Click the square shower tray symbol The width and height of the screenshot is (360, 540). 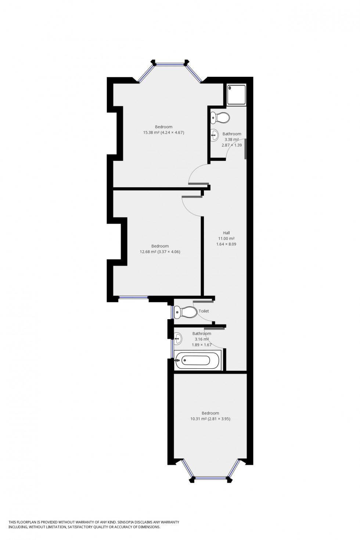pyautogui.click(x=237, y=94)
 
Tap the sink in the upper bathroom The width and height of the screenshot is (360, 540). pyautogui.click(x=215, y=135)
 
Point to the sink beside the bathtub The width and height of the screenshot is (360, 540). pyautogui.click(x=178, y=338)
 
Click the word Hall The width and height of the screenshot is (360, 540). pyautogui.click(x=226, y=233)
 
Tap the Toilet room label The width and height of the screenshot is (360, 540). pyautogui.click(x=204, y=311)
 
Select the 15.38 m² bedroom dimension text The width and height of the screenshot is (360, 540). pyautogui.click(x=163, y=133)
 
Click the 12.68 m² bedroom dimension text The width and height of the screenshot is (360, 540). pyautogui.click(x=160, y=252)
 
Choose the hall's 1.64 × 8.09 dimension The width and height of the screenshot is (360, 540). pyautogui.click(x=226, y=244)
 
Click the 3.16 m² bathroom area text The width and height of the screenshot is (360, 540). pyautogui.click(x=202, y=339)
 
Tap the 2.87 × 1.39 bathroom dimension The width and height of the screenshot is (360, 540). pyautogui.click(x=231, y=145)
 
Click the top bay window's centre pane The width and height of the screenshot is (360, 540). pyautogui.click(x=170, y=65)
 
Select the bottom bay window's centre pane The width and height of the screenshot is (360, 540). pyautogui.click(x=210, y=478)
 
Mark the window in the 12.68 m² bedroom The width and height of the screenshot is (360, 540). pyautogui.click(x=133, y=297)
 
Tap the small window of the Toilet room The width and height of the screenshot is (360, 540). pyautogui.click(x=172, y=312)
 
